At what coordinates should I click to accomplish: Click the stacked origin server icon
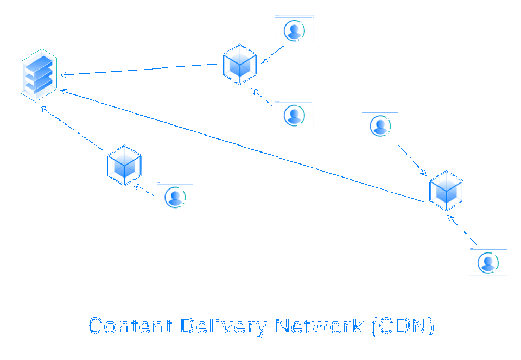[39, 75]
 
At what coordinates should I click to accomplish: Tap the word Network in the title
[320, 326]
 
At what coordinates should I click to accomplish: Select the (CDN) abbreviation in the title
[403, 326]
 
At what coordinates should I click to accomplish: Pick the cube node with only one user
[124, 165]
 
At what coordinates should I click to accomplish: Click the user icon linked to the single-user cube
[175, 196]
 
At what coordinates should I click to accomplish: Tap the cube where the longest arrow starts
[446, 191]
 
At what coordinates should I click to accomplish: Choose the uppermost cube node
[240, 64]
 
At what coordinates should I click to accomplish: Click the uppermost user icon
[294, 29]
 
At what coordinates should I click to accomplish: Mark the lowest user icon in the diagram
[488, 262]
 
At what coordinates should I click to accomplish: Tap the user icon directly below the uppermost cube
[294, 114]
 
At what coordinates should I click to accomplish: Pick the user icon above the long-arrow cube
[380, 125]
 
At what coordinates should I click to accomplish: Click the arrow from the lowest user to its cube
[462, 230]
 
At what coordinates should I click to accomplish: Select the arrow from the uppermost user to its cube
[272, 54]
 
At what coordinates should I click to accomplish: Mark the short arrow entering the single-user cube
[144, 190]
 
